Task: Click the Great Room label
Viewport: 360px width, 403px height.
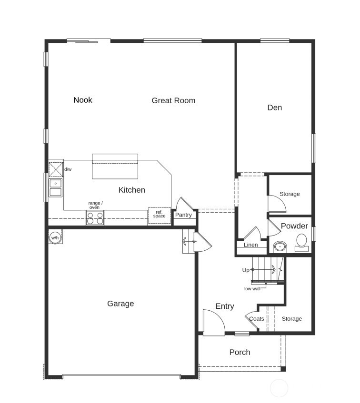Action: [x=173, y=100]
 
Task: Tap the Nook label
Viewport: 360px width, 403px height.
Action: [x=83, y=100]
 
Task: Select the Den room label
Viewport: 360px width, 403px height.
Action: [x=274, y=108]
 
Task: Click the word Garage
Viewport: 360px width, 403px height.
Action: [x=120, y=304]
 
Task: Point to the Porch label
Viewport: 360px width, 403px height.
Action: [x=240, y=352]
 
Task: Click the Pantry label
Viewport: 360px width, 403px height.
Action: [x=183, y=215]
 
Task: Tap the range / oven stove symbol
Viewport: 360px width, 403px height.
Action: [x=95, y=218]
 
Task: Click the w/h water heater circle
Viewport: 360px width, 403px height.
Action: [x=55, y=237]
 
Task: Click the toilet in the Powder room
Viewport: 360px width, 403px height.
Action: [x=302, y=242]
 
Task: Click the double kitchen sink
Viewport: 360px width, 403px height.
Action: [x=56, y=187]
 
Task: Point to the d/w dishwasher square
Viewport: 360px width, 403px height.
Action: [x=56, y=169]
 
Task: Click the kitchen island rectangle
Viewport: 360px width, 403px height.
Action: [x=115, y=167]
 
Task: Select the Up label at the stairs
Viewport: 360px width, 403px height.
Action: [x=246, y=270]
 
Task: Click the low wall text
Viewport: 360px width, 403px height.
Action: [x=252, y=289]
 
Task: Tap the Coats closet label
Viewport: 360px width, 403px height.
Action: [x=257, y=319]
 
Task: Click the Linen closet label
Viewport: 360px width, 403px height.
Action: [x=250, y=245]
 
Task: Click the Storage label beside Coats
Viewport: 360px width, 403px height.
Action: [x=291, y=319]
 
